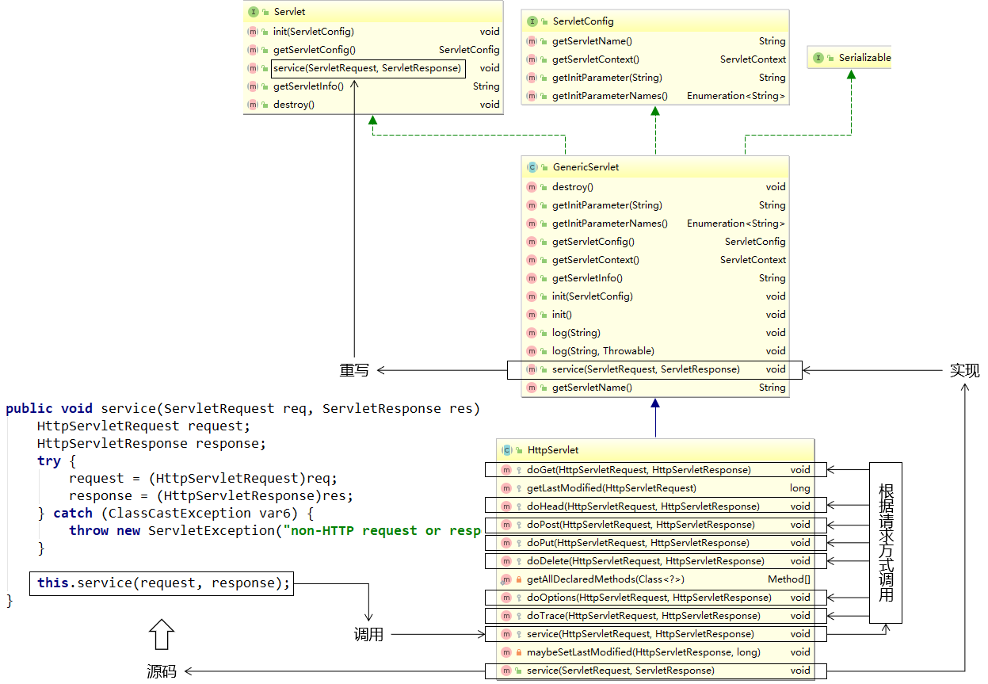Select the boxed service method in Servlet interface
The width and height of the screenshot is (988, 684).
pos(367,68)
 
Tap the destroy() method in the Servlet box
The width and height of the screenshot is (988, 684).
pos(294,105)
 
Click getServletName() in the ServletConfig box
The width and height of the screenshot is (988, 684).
pos(591,41)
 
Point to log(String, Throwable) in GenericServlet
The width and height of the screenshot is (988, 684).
pos(603,351)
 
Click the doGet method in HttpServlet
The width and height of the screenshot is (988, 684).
pos(639,470)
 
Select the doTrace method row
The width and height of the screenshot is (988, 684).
pos(643,616)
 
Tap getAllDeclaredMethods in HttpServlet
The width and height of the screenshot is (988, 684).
pos(605,579)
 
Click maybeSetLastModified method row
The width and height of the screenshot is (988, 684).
pos(643,652)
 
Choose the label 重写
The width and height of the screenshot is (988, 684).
pos(355,370)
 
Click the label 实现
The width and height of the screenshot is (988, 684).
pos(964,370)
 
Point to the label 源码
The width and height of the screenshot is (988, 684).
pos(162,671)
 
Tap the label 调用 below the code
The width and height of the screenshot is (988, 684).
pos(368,635)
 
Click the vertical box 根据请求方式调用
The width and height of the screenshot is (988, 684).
pos(886,542)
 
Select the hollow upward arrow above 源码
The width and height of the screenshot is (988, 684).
pos(161,635)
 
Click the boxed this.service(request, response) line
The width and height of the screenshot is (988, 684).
pos(162,583)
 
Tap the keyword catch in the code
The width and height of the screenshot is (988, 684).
pos(73,514)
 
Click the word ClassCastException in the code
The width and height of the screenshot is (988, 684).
pos(179,514)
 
